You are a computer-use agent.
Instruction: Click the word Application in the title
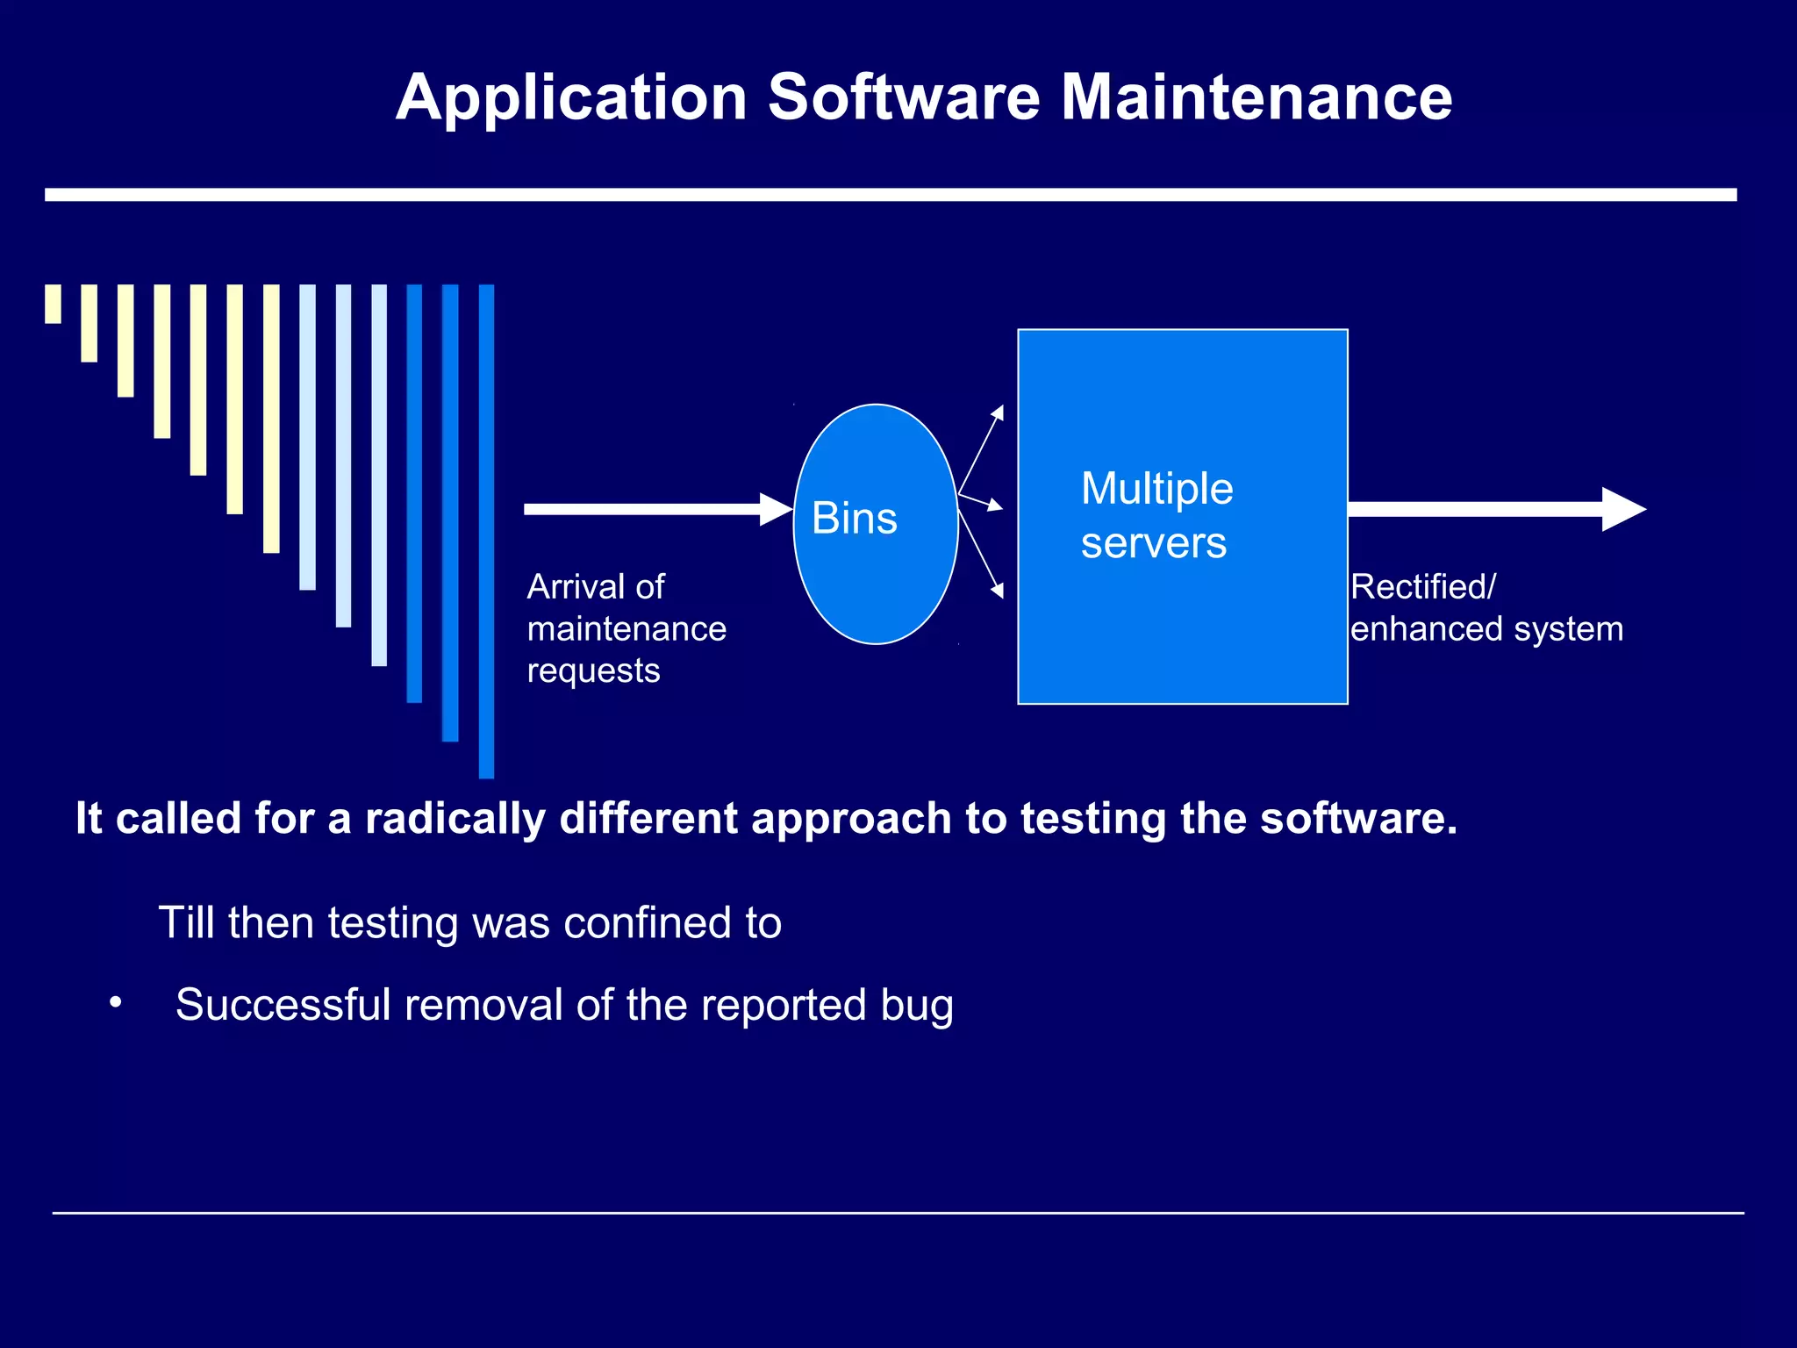(x=571, y=98)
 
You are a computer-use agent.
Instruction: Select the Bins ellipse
(x=875, y=524)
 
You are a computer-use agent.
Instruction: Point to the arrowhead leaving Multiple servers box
(x=1623, y=509)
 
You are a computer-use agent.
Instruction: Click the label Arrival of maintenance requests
(x=626, y=628)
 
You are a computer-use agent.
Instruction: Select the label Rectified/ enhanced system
(x=1486, y=608)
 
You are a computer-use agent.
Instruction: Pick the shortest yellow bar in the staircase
(x=54, y=304)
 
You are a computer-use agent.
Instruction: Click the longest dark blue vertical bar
(x=486, y=531)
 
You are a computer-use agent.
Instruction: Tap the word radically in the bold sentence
(x=455, y=819)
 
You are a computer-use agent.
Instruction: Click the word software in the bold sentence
(x=1357, y=819)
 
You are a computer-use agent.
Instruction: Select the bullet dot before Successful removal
(x=115, y=1002)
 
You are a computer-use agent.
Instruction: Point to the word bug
(x=916, y=1006)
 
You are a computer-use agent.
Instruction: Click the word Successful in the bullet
(x=283, y=1005)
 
